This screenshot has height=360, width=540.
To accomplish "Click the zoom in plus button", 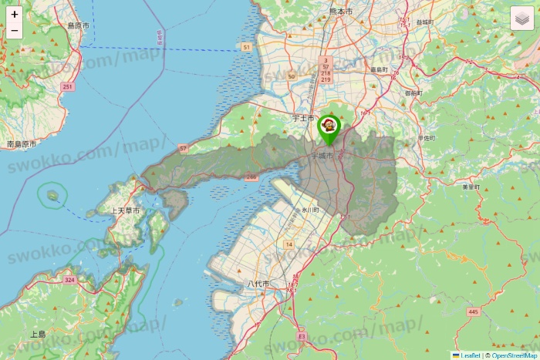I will pyautogui.click(x=15, y=15).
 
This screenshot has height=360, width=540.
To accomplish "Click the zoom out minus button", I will pyautogui.click(x=15, y=31).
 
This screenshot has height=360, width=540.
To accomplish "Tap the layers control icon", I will pyautogui.click(x=522, y=18).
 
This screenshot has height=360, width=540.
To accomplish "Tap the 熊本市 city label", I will pyautogui.click(x=339, y=12).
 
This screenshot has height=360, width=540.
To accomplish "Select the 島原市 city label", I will pyautogui.click(x=78, y=25).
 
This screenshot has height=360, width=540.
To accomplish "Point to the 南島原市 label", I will pyautogui.click(x=21, y=144).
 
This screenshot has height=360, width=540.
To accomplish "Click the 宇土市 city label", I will pyautogui.click(x=304, y=119).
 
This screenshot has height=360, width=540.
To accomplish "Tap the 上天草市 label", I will pyautogui.click(x=125, y=210).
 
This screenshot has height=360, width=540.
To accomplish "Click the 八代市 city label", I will pyautogui.click(x=258, y=284).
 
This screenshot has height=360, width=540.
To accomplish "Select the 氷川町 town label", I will pyautogui.click(x=310, y=210).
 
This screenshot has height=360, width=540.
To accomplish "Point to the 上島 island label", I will pyautogui.click(x=38, y=335).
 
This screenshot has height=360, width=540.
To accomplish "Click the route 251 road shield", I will pyautogui.click(x=68, y=87).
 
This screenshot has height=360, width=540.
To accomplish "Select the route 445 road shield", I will pyautogui.click(x=473, y=311).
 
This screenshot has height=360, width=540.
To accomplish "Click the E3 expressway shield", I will pyautogui.click(x=301, y=337).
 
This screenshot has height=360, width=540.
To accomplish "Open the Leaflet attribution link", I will pyautogui.click(x=469, y=355).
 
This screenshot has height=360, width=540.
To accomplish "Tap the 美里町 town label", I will pyautogui.click(x=471, y=187).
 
